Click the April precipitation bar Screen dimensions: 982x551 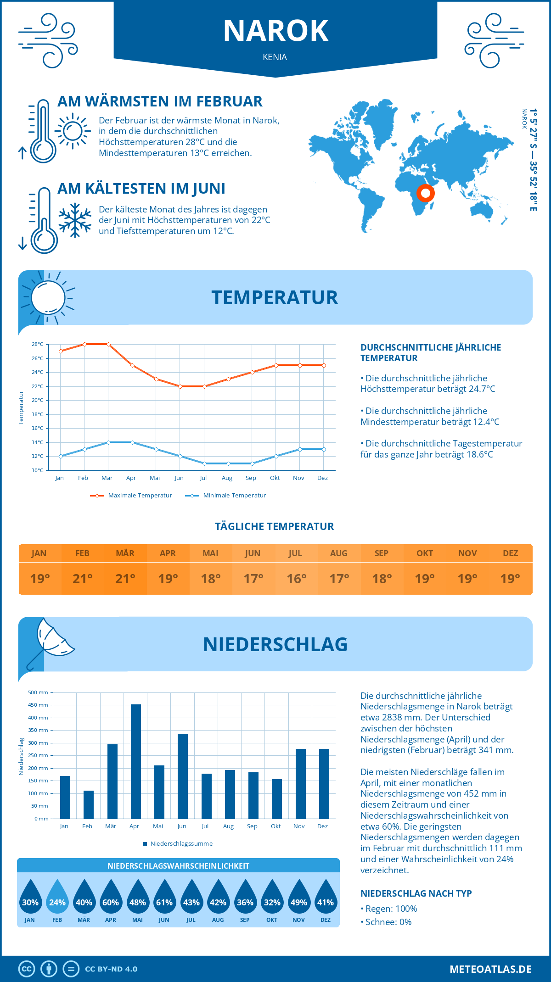coord(136,761)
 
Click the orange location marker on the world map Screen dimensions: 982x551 coord(426,193)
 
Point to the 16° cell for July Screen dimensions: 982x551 coord(296,579)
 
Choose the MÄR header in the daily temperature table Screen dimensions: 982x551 coord(125,553)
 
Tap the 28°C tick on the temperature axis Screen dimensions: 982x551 coord(38,344)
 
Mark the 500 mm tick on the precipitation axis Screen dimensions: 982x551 coord(39,692)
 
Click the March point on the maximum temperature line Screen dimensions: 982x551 coord(108,344)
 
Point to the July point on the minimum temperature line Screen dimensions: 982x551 coord(204,463)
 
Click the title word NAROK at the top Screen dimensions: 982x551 coord(275,31)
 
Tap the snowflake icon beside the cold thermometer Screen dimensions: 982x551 coord(75,220)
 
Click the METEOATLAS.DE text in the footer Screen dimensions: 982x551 coord(490,969)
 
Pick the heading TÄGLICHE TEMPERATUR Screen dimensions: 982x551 coord(275,526)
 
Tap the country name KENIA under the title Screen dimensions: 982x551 coord(275,57)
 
